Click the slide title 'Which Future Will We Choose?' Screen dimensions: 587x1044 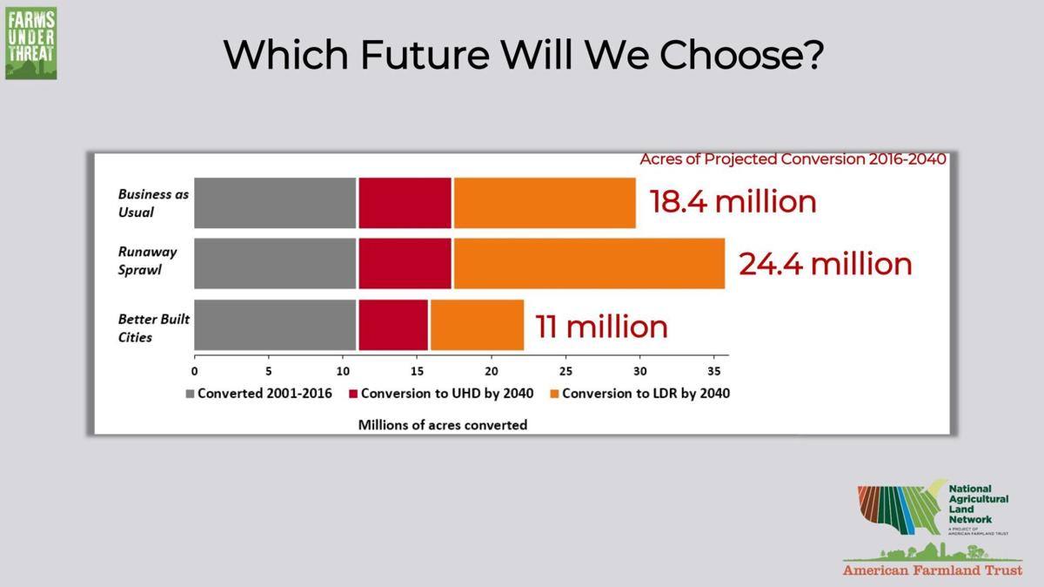(x=523, y=54)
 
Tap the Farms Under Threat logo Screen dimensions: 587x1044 (x=30, y=41)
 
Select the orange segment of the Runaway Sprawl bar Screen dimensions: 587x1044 (x=589, y=263)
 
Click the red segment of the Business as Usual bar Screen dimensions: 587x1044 (x=405, y=203)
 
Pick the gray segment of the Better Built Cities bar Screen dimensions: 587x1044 (x=275, y=325)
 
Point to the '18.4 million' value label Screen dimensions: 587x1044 (x=733, y=201)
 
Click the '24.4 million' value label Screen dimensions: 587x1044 (x=825, y=263)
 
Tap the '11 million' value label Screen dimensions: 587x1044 (x=601, y=326)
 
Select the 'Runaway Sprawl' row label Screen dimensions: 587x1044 (x=148, y=260)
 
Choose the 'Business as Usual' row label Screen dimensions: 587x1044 (x=153, y=203)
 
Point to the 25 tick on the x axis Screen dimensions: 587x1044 (x=565, y=369)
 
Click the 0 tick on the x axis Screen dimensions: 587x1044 (x=195, y=369)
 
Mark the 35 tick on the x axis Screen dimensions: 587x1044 (x=713, y=369)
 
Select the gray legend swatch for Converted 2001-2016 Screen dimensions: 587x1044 (x=190, y=394)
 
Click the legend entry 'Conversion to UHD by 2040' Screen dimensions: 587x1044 (x=443, y=394)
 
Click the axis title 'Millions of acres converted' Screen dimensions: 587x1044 (x=443, y=425)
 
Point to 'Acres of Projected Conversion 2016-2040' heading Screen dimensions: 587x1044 (x=793, y=159)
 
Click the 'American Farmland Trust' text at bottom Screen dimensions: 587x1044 (x=932, y=570)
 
